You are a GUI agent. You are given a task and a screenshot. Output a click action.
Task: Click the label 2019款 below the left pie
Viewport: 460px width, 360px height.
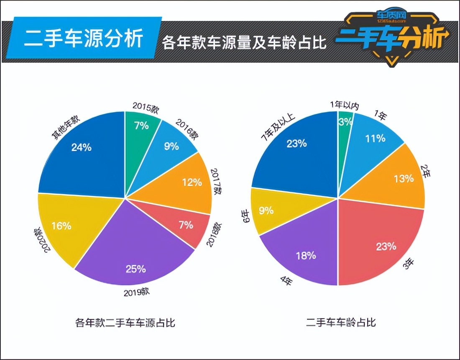point(136,292)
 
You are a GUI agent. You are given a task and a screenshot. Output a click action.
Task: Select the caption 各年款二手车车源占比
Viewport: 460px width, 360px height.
point(125,323)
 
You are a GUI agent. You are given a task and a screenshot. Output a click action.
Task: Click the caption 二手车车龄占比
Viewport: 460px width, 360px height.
point(341,323)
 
